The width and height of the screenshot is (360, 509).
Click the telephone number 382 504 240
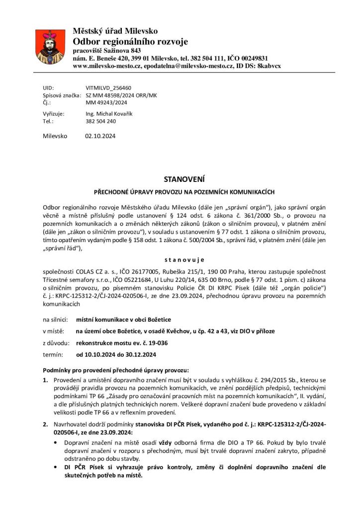click(100, 121)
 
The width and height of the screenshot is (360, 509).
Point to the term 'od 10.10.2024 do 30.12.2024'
click(116, 355)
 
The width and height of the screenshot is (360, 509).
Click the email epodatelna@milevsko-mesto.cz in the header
click(180, 66)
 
